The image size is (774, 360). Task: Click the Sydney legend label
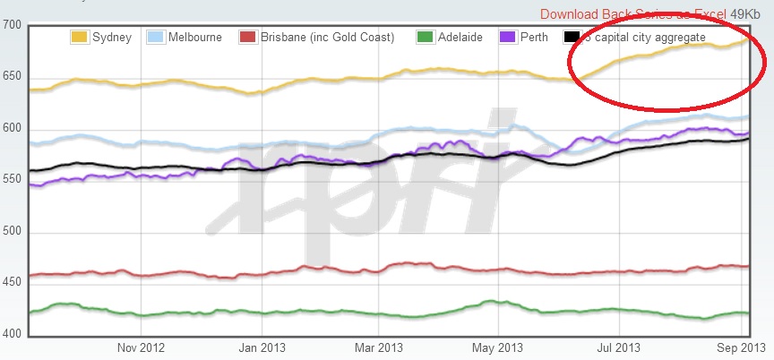pos(112,38)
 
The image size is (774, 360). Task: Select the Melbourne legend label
pos(196,38)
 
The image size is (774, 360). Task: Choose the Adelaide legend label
pos(461,38)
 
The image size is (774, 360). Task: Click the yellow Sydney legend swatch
pos(80,38)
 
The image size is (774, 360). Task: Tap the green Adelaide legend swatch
pos(426,38)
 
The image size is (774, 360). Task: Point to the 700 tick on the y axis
pos(13,24)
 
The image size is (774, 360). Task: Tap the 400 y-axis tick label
pos(13,335)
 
